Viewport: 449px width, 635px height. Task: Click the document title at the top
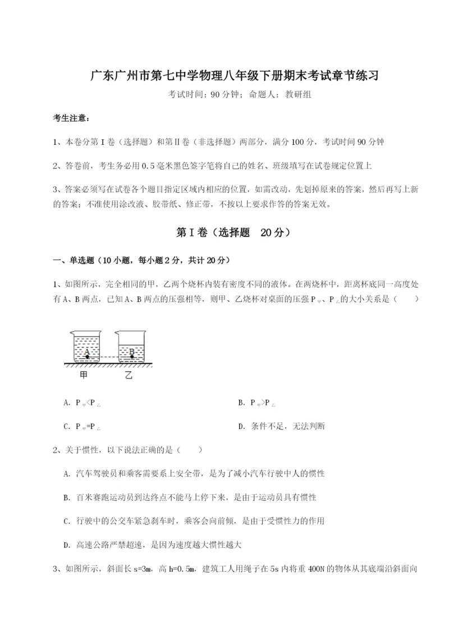point(224,75)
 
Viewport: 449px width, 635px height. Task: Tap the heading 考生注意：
point(71,118)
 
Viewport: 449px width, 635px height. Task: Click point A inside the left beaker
point(87,355)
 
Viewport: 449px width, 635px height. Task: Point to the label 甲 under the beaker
point(84,376)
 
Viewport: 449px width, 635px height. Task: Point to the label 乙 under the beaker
point(130,376)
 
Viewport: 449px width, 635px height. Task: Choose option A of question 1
point(82,403)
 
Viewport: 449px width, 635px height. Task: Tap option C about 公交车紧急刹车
point(194,520)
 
